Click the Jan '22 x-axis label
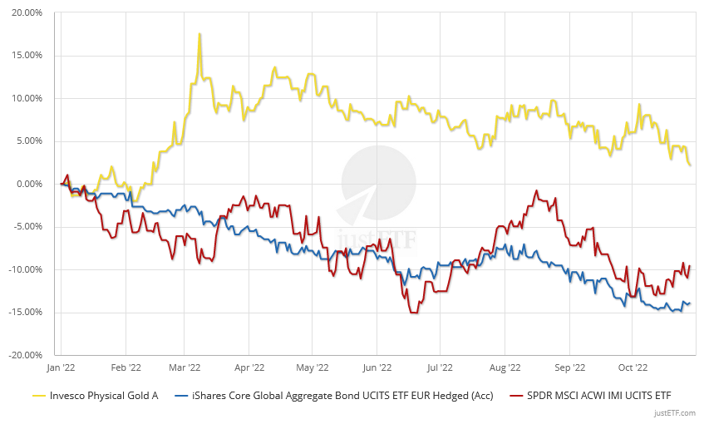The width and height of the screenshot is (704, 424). pyautogui.click(x=61, y=367)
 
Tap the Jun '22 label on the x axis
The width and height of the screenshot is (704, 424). pyautogui.click(x=377, y=367)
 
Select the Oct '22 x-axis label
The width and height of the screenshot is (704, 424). pyautogui.click(x=632, y=367)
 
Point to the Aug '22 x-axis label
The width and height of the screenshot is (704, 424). pyautogui.click(x=505, y=367)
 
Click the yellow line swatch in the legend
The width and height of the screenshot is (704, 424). pyautogui.click(x=38, y=395)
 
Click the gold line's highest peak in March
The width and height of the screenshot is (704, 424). pyautogui.click(x=199, y=35)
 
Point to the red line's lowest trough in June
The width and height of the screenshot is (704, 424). pyautogui.click(x=413, y=313)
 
